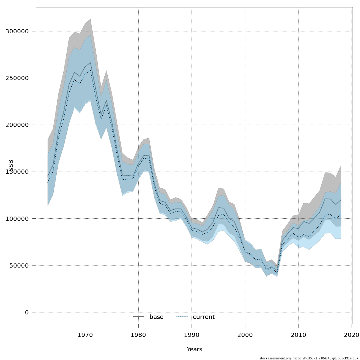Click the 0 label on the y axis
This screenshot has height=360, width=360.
pos(27,312)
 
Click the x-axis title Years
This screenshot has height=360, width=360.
pos(194,349)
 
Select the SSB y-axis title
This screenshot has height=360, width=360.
pos(11,166)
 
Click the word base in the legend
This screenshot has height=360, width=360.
pos(156,317)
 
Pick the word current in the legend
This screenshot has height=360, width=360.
pos(204,317)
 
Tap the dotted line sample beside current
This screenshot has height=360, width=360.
pos(182,317)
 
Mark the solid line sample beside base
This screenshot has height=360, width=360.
pos(139,317)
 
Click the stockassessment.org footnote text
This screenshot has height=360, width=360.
pos(309,358)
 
